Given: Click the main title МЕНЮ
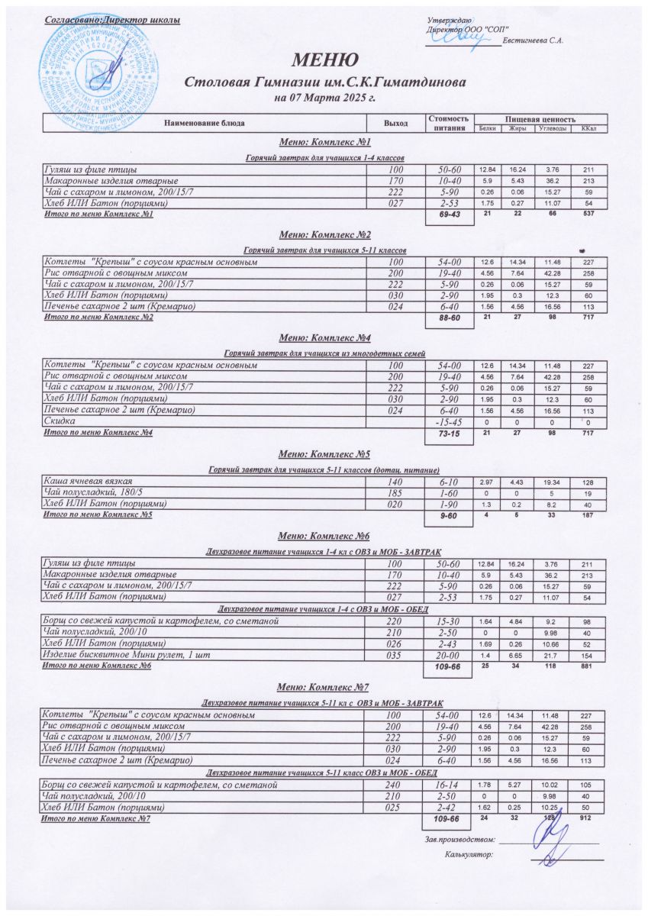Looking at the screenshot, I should pos(324,60).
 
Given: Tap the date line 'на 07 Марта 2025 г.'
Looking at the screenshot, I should pos(324,98).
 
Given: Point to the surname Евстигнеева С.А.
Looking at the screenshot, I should pos(534,40).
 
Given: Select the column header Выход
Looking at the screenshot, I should pos(395,122).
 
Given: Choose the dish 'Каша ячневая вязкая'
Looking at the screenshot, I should pos(89,482).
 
